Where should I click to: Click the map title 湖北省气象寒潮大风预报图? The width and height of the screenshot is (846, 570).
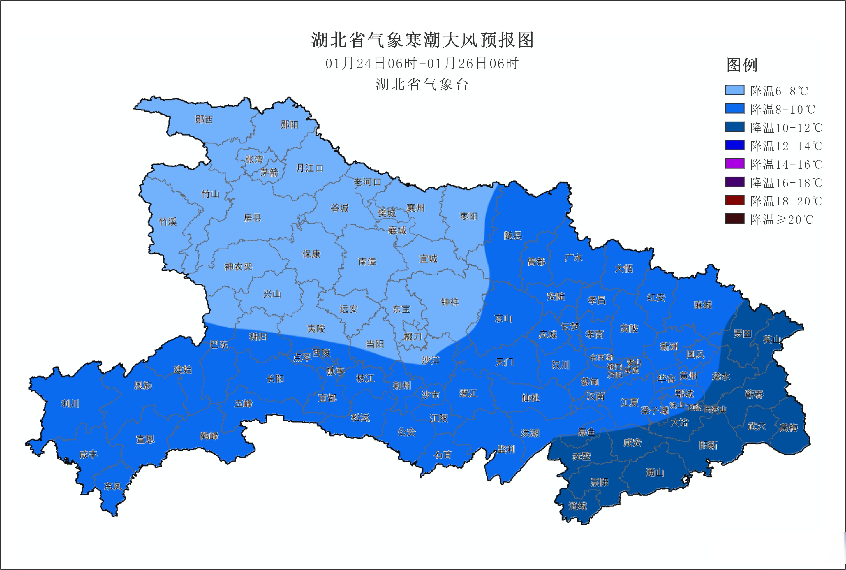(422, 40)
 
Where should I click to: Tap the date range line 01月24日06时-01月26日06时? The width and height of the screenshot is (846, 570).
(422, 64)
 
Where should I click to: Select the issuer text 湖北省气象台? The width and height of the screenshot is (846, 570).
(422, 85)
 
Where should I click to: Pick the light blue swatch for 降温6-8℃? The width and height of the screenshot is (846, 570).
(734, 90)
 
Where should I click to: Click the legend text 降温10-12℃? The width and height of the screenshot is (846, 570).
(786, 128)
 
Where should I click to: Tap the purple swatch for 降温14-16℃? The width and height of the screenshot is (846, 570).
(734, 163)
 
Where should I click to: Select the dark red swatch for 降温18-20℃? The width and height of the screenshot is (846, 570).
(734, 200)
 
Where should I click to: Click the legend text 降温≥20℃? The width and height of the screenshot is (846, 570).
(782, 219)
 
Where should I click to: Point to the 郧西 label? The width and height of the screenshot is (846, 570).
(204, 119)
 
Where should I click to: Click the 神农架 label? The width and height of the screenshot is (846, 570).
(238, 267)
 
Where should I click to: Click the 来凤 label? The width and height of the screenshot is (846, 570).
(113, 486)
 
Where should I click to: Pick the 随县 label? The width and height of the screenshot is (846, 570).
(513, 235)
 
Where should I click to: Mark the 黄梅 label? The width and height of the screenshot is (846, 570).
(789, 428)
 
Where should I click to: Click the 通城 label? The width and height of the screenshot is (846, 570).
(577, 506)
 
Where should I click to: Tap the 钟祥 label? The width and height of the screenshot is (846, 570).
(450, 302)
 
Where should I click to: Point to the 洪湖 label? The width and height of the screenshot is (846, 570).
(530, 433)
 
